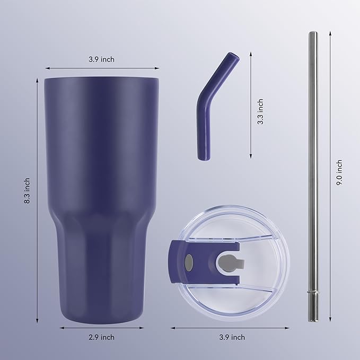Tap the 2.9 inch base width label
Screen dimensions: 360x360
point(101,337)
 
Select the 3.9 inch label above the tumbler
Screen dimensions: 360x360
point(101,59)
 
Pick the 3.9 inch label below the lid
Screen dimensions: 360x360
point(232,337)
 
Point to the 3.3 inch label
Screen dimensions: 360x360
point(260,112)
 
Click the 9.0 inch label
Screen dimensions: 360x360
point(339,172)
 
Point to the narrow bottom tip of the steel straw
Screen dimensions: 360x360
point(313,315)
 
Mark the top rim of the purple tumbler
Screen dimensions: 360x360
point(101,80)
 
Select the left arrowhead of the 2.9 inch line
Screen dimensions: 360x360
point(60,328)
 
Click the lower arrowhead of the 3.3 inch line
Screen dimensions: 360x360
point(250,156)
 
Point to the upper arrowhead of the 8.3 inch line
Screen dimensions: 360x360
point(37,80)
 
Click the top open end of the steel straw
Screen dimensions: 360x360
point(313,34)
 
